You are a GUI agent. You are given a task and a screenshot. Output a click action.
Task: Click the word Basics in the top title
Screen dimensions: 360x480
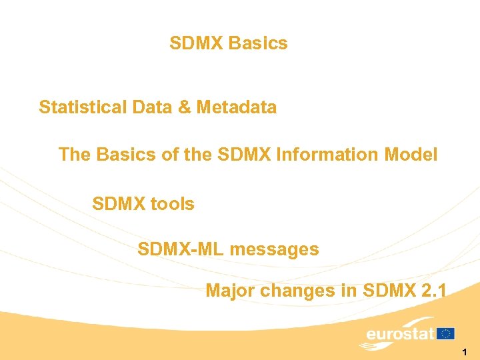[258, 44]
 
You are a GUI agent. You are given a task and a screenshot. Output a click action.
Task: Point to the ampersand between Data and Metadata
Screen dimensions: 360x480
[184, 107]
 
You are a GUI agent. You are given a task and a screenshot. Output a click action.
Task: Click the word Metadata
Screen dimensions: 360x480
[236, 107]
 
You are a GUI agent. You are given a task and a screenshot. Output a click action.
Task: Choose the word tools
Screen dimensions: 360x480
[172, 204]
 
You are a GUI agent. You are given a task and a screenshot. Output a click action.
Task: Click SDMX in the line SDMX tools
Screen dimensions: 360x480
[119, 204]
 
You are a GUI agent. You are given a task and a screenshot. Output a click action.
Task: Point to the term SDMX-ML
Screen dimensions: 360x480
[180, 250]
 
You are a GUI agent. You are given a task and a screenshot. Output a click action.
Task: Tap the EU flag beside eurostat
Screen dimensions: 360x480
[446, 333]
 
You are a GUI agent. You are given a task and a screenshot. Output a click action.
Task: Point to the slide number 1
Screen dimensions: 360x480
[464, 351]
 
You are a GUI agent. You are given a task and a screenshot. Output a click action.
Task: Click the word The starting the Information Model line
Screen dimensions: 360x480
[75, 155]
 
